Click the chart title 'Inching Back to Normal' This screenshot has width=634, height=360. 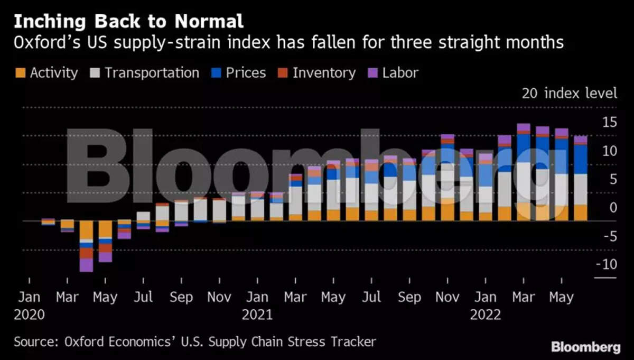tap(128, 22)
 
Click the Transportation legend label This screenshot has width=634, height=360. tap(152, 72)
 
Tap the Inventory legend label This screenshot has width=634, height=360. tap(324, 72)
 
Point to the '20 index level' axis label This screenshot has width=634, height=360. tap(569, 94)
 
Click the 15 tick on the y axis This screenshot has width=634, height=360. tap(609, 123)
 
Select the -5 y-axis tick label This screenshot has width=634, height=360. tap(609, 236)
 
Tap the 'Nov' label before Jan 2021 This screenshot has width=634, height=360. tap(219, 298)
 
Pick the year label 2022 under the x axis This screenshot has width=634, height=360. tap(486, 315)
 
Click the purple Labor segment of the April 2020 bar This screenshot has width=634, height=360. tap(86, 264)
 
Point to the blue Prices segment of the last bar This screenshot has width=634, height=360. tap(581, 159)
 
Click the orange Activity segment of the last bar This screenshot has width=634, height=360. tap(581, 213)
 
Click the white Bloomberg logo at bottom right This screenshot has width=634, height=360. tap(585, 347)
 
